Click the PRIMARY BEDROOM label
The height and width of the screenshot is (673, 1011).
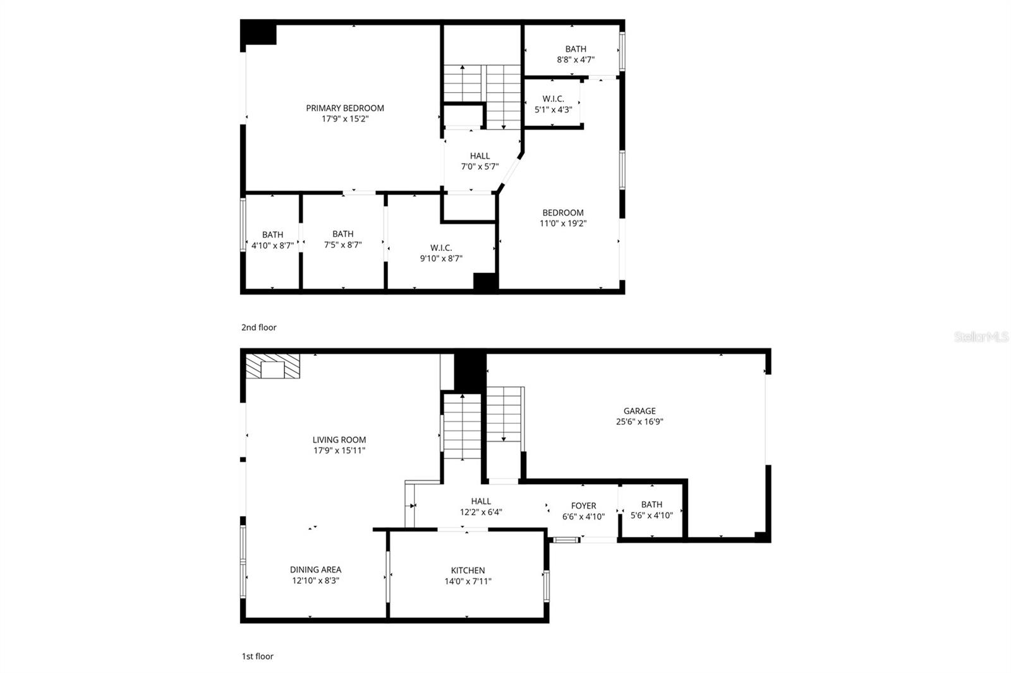344,108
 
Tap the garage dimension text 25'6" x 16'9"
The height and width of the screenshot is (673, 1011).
639,421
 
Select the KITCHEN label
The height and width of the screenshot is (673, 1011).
468,570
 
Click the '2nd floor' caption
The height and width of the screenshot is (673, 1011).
258,327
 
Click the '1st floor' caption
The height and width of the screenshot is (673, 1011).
257,656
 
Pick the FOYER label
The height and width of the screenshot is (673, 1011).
583,506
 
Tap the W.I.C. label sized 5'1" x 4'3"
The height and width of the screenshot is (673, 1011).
553,99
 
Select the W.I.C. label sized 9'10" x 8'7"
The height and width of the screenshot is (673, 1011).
441,248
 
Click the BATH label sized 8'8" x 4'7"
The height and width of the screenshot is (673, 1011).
575,49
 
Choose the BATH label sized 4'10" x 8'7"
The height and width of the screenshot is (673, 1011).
272,234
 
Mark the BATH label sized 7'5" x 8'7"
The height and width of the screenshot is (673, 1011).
342,234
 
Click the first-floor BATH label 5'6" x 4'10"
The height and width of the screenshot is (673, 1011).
651,504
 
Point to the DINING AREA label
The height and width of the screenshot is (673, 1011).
315,569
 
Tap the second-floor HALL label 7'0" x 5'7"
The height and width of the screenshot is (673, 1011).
480,156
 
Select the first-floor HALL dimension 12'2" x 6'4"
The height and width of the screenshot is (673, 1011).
481,512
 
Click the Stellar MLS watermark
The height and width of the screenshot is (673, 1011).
981,337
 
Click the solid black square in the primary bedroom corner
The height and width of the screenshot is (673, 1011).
259,32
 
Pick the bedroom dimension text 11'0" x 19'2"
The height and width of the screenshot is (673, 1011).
562,223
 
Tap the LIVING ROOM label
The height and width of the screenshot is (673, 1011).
339,440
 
